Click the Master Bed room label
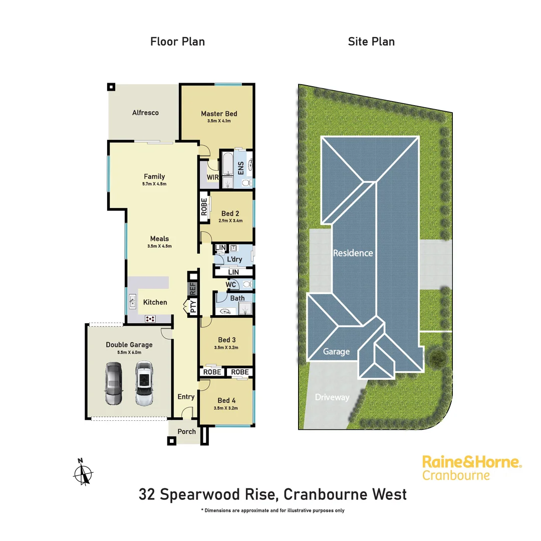[219, 114]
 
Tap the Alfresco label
[145, 113]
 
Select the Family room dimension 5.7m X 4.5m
[154, 184]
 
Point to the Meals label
[159, 238]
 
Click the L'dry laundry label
[234, 259]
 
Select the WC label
[231, 285]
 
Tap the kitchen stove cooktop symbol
[150, 318]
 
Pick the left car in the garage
[114, 383]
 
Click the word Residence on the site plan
[353, 253]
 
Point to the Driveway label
[332, 397]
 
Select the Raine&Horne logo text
[472, 461]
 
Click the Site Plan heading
[371, 42]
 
